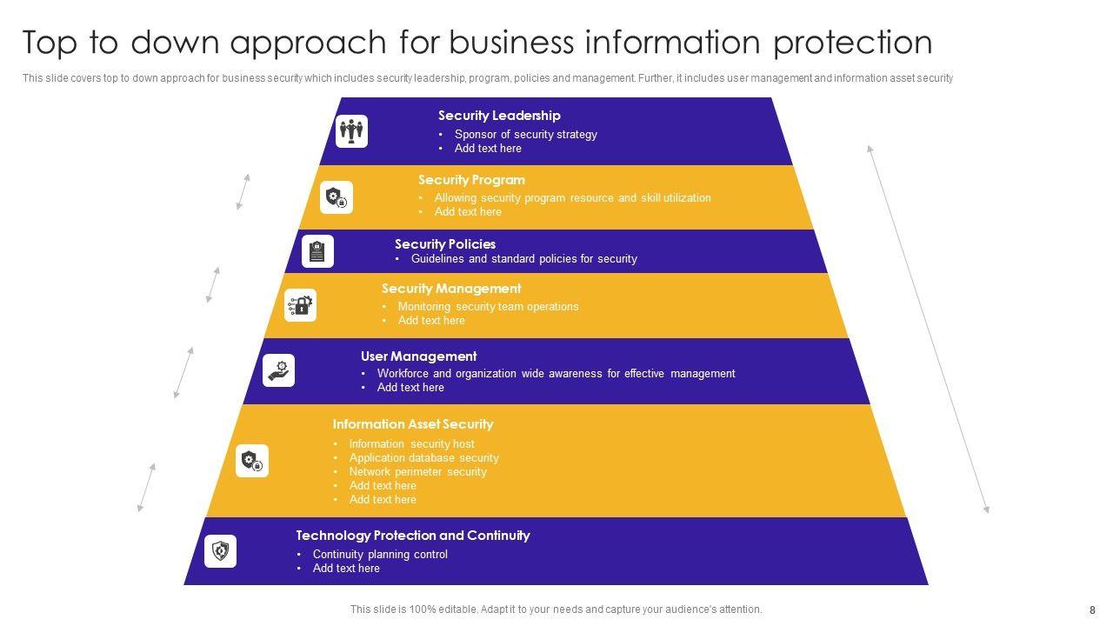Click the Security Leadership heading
(499, 116)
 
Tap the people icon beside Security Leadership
(351, 131)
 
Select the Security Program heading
(471, 180)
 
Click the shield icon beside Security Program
(336, 197)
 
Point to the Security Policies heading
(445, 244)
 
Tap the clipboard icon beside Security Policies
(317, 251)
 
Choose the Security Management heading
(451, 289)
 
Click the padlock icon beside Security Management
(301, 305)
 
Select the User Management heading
(418, 356)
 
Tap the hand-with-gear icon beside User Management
(279, 370)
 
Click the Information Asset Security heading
(413, 424)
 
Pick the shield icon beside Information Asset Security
(252, 461)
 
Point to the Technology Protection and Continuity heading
(413, 536)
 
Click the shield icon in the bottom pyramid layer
(221, 551)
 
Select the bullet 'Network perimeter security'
(417, 472)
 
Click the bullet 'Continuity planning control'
(380, 555)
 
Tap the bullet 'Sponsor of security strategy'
(525, 135)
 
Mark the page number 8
(1092, 610)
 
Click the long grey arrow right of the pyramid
(929, 329)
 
